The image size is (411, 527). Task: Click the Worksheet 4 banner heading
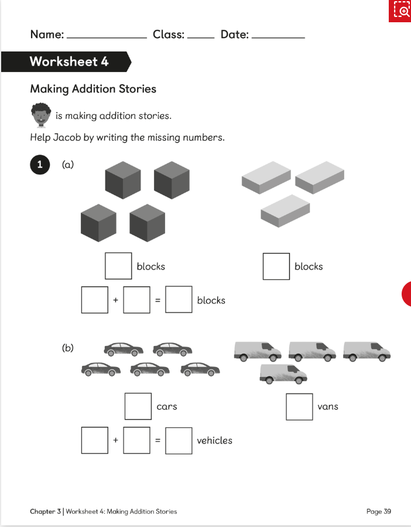68,61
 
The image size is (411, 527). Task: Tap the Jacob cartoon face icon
40,115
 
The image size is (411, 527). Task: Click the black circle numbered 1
40,165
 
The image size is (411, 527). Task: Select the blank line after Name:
107,37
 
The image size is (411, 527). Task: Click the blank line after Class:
201,37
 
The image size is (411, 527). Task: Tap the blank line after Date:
278,37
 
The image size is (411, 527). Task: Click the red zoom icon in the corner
400,11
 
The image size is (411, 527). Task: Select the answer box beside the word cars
138,406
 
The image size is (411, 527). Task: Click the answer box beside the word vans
299,406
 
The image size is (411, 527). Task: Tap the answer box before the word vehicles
179,441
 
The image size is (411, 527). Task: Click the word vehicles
214,441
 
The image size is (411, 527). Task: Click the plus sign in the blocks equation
115,300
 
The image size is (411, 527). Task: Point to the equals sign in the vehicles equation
157,441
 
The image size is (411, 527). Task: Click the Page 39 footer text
378,511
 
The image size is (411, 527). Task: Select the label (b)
68,348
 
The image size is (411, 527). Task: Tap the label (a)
68,165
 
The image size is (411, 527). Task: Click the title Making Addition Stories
93,89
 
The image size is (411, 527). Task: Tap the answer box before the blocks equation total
179,300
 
